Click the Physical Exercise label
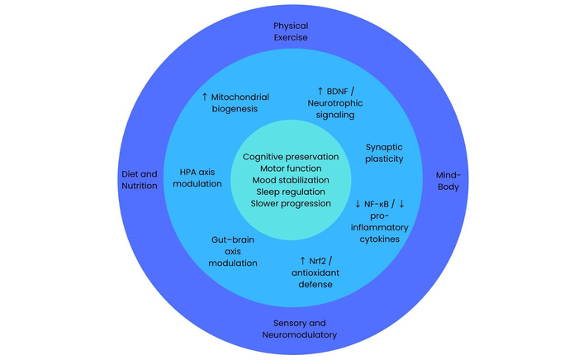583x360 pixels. pos(291,31)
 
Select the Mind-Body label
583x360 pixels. pos(448,181)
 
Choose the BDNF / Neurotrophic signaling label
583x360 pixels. pos(340,102)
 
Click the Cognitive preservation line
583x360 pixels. pos(291,157)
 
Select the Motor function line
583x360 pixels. pos(291,168)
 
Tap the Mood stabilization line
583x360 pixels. pos(291,180)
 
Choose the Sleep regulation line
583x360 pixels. pos(291,192)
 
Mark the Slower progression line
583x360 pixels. pos(291,203)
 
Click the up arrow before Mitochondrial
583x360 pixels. pos(205,97)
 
